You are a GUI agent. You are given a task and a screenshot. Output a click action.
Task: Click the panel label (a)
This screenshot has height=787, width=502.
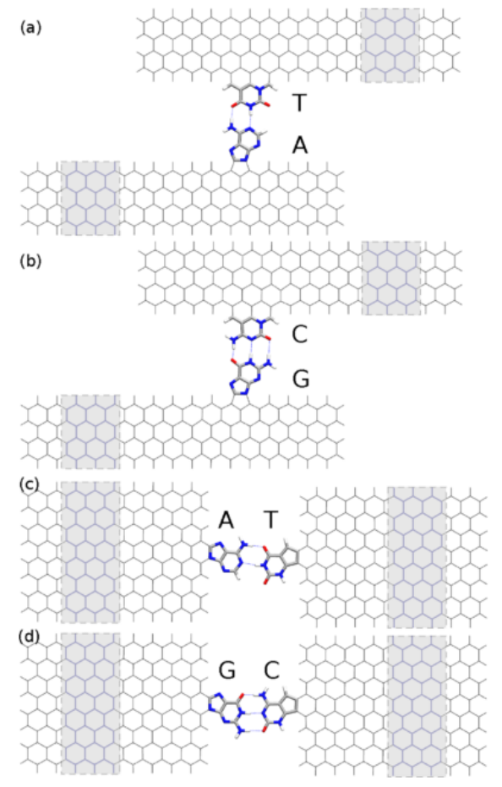[x=30, y=28]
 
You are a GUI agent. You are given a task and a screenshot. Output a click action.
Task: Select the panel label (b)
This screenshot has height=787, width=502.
[x=30, y=261]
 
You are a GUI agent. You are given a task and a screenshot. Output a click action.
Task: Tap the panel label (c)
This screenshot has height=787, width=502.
[x=29, y=485]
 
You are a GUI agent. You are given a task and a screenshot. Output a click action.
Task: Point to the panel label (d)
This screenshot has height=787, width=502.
[x=29, y=637]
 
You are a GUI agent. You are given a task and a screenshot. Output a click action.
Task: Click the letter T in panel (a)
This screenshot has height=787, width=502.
[x=299, y=103]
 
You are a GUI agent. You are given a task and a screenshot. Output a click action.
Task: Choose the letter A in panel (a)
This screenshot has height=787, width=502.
[x=300, y=145]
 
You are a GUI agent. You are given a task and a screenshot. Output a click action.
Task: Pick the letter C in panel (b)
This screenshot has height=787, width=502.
[x=300, y=335]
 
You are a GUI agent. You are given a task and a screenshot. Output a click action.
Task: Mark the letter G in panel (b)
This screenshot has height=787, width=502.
[x=301, y=380]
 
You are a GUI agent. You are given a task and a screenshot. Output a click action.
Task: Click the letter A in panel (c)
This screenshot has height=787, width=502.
[x=226, y=521]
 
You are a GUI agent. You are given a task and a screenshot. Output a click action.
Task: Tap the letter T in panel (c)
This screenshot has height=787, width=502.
[x=270, y=521]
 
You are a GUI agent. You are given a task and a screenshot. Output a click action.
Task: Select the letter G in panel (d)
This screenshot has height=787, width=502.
[x=226, y=670]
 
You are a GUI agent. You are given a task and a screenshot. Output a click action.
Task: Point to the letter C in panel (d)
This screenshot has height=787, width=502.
[x=271, y=670]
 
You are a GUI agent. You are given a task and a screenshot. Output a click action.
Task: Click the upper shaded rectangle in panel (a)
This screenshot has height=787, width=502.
[x=390, y=45]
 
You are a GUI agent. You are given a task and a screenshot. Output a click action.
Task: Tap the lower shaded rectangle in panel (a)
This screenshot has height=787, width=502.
[x=90, y=199]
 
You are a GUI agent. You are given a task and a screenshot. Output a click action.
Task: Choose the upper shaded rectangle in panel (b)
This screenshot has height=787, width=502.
[x=391, y=278]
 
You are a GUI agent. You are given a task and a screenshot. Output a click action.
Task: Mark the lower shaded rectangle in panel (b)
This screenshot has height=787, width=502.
[x=90, y=432]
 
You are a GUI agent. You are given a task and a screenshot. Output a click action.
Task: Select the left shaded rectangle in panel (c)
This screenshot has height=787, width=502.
[x=90, y=552]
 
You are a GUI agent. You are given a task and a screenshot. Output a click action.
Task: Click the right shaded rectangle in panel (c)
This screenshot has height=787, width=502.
[x=417, y=557]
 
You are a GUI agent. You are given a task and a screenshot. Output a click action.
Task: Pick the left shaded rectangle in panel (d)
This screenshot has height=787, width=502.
[x=90, y=703]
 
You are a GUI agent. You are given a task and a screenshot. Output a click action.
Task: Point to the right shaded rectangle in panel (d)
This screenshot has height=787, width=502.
[x=417, y=707]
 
